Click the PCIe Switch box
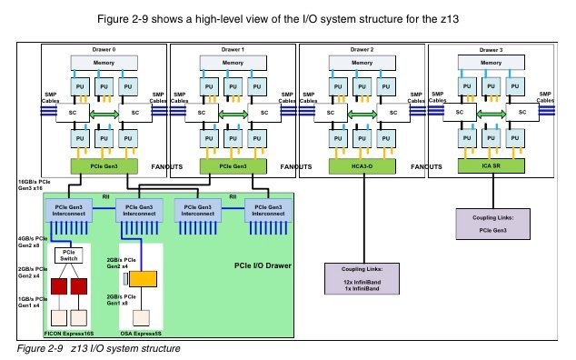[70, 256]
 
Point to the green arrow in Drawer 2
[361, 113]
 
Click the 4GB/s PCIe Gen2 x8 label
[24, 241]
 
